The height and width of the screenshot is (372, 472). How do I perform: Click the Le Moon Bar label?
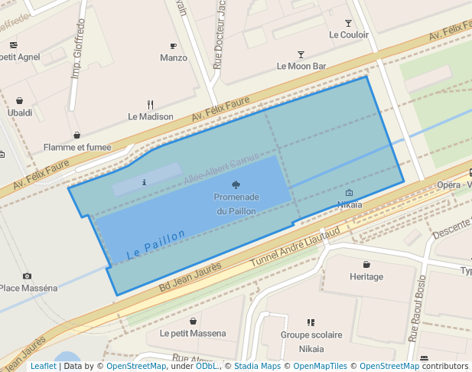[301, 67]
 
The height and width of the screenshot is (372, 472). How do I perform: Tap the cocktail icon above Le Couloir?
[349, 24]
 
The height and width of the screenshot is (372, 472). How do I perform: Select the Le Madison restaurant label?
[151, 117]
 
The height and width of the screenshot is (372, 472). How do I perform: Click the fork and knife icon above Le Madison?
[151, 105]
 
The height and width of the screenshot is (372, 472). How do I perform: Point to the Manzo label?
[174, 58]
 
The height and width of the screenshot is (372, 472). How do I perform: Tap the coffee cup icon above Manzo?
[174, 46]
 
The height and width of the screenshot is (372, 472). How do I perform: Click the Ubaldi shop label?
[20, 113]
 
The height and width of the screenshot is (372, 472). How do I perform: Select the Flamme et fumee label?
[77, 148]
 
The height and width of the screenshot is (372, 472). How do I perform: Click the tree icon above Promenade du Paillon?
[236, 184]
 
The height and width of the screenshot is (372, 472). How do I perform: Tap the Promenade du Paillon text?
[236, 204]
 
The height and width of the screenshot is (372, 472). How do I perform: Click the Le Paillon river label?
[156, 244]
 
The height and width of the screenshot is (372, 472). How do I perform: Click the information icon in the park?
[145, 182]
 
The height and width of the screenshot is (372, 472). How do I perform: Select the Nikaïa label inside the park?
[350, 205]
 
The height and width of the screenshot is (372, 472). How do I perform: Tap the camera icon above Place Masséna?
[28, 276]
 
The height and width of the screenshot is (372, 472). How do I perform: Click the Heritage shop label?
[366, 276]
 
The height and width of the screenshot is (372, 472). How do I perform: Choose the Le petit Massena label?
[193, 334]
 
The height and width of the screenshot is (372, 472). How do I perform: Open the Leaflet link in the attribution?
[43, 367]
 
